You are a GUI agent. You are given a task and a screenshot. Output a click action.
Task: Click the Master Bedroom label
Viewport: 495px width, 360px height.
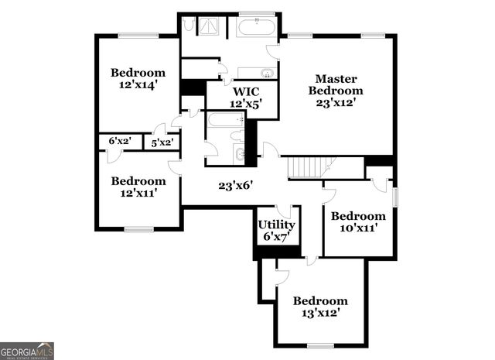coord(336,84)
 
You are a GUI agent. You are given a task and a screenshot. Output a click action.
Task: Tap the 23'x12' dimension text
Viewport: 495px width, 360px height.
coord(336,102)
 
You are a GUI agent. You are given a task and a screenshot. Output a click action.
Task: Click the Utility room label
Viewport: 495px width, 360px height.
coord(276,225)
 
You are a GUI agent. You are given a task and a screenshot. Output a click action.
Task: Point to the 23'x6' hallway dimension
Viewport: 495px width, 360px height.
coord(236,185)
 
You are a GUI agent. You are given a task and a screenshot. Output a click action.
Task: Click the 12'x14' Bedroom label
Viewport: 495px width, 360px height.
coord(138,73)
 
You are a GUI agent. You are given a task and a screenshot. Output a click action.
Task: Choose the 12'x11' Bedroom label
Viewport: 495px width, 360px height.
coord(138,181)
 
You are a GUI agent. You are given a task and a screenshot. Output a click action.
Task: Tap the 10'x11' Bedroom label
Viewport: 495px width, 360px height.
coord(358,216)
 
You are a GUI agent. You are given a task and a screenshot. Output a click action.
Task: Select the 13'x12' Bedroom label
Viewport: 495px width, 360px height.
coord(320,301)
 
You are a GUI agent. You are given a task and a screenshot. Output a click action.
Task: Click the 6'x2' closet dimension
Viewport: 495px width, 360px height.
coord(120,142)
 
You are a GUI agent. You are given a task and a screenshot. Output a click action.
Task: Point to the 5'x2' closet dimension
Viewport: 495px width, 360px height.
coord(162,142)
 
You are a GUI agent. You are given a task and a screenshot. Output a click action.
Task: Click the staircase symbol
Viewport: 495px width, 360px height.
coord(307,167)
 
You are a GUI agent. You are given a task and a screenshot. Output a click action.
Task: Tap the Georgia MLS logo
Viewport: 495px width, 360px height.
coord(27,351)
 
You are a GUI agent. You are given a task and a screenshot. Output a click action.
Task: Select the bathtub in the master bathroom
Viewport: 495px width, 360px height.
coord(256,28)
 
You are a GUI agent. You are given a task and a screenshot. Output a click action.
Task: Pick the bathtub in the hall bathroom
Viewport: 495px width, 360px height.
coord(226,120)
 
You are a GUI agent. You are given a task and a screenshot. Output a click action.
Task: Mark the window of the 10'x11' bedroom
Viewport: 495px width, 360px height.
coord(394,196)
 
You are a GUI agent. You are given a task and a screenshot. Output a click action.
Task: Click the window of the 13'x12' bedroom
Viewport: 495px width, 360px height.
coord(320,345)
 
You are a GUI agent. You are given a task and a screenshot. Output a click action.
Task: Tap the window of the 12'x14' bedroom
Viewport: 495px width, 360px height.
coord(138,35)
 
